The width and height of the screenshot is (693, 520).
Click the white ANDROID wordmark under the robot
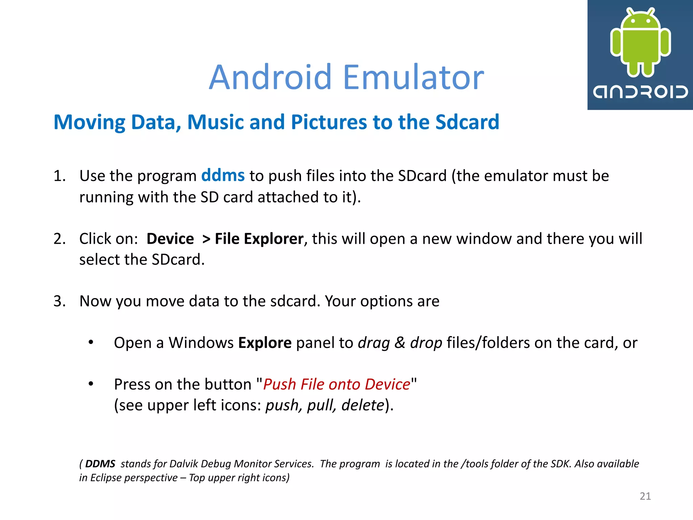pyautogui.click(x=640, y=92)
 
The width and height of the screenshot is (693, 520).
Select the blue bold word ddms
pyautogui.click(x=223, y=175)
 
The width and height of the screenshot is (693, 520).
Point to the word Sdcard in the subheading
pyautogui.click(x=467, y=122)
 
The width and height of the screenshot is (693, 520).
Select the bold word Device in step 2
pyautogui.click(x=170, y=239)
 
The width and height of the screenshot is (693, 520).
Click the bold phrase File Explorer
pyautogui.click(x=259, y=239)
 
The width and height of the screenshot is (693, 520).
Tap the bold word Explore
pyautogui.click(x=265, y=343)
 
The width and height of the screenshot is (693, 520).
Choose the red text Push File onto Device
pyautogui.click(x=336, y=385)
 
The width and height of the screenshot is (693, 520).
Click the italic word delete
pyautogui.click(x=363, y=405)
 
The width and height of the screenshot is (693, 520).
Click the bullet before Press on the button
pyautogui.click(x=91, y=384)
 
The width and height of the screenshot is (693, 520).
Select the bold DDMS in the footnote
pyautogui.click(x=100, y=464)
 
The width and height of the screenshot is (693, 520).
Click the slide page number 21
pyautogui.click(x=645, y=496)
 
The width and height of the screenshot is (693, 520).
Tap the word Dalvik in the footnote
pyautogui.click(x=183, y=464)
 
